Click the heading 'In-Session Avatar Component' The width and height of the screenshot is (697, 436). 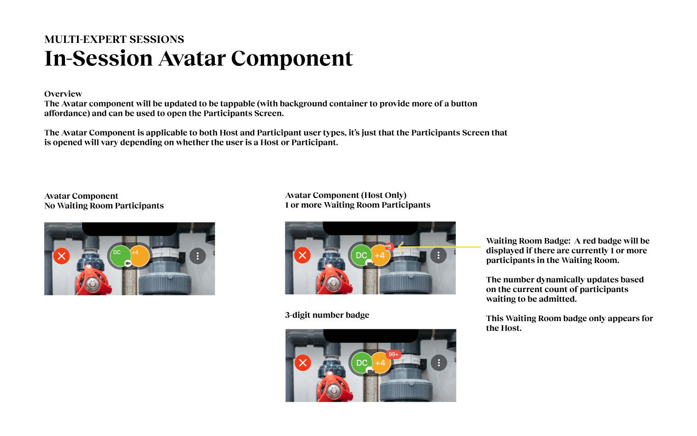tap(199, 58)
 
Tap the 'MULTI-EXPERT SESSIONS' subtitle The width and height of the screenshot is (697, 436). tap(114, 39)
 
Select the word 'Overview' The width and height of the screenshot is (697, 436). tap(63, 94)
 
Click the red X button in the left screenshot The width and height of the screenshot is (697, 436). tap(62, 256)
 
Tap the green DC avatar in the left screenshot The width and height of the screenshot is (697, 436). tap(120, 256)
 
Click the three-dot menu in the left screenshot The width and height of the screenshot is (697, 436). tap(198, 256)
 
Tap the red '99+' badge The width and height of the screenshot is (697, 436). tap(393, 354)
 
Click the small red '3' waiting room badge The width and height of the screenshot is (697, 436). tap(390, 247)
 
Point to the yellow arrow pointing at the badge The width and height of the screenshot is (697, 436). tap(439, 247)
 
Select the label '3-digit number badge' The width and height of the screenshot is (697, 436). tap(327, 315)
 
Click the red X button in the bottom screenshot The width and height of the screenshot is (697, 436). tap(303, 363)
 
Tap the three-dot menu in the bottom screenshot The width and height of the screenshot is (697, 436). tap(439, 363)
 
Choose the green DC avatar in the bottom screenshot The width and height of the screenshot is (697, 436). tap(361, 363)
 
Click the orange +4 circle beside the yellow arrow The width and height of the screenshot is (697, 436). tap(380, 256)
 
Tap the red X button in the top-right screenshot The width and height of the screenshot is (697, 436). tap(302, 256)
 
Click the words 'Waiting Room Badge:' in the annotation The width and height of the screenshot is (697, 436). tap(528, 241)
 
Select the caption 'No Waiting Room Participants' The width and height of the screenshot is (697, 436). tap(104, 206)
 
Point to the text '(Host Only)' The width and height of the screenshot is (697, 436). tap(384, 195)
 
